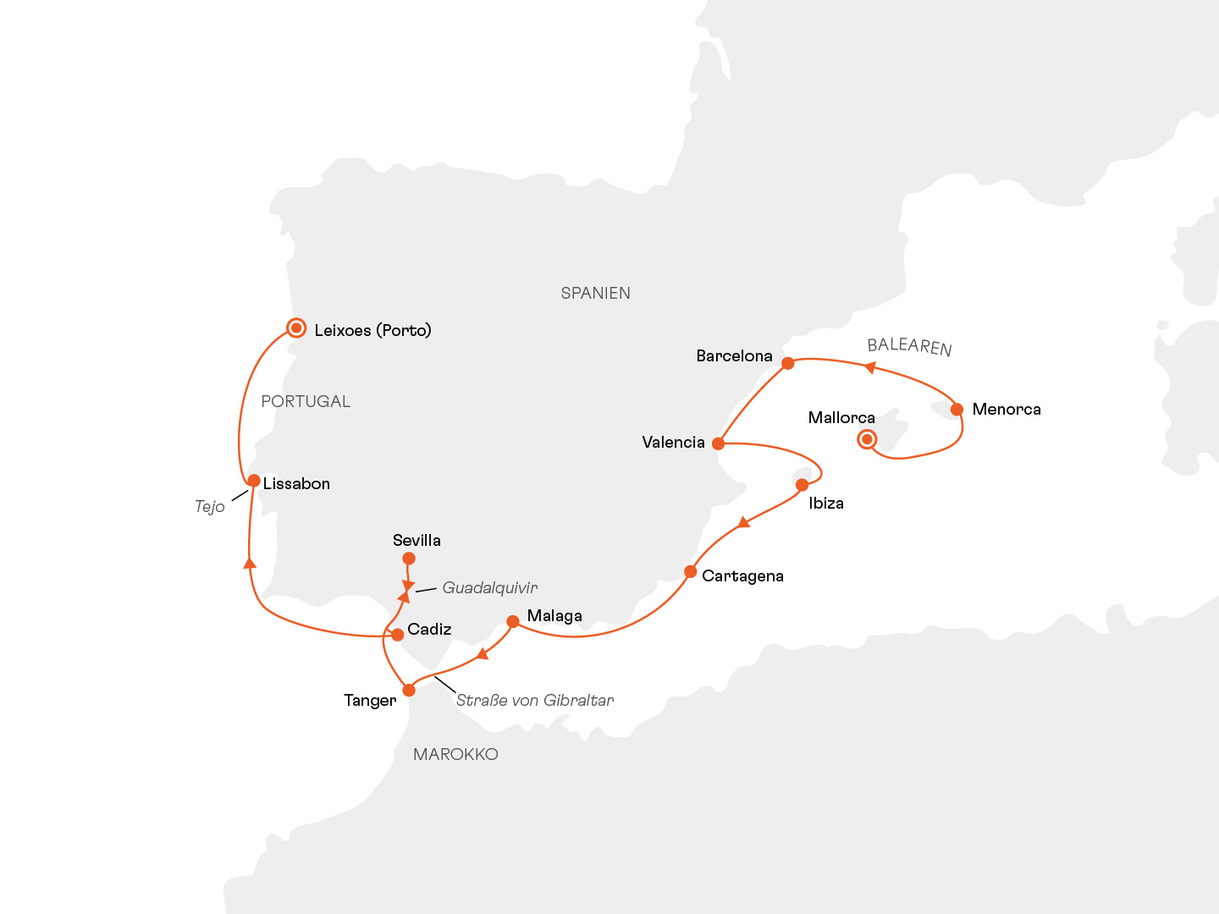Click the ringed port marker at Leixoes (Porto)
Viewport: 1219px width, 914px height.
click(296, 328)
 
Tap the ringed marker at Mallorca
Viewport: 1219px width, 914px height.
click(867, 438)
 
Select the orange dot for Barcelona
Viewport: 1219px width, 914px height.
click(788, 363)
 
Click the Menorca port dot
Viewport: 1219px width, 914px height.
click(957, 410)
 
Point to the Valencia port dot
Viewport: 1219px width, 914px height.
click(718, 443)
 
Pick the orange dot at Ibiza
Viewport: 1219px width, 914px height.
click(802, 485)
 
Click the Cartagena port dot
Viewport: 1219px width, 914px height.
click(691, 572)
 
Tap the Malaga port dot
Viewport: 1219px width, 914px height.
click(512, 621)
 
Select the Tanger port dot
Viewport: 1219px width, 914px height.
click(409, 690)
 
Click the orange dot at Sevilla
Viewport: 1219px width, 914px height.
click(409, 559)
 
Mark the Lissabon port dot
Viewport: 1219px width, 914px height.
click(253, 481)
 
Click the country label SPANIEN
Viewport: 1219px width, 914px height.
click(595, 293)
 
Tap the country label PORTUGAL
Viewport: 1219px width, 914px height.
click(306, 401)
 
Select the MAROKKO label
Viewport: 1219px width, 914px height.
click(455, 754)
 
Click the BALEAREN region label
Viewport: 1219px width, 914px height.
click(909, 346)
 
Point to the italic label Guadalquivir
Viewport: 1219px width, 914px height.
click(489, 587)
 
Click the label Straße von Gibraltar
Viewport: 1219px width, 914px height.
click(534, 700)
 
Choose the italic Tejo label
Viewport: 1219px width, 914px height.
click(209, 506)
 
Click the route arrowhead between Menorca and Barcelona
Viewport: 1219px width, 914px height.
click(869, 367)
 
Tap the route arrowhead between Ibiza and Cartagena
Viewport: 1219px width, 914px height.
click(743, 522)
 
